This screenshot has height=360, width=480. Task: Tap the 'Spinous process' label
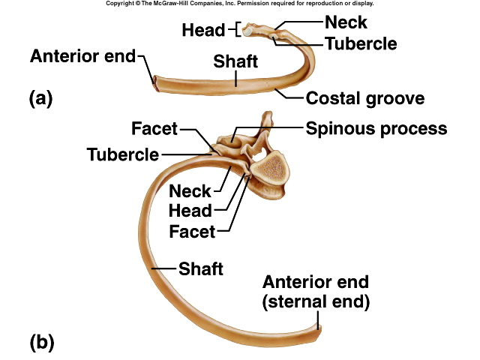376,128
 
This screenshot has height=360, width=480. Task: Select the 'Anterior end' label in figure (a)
83,56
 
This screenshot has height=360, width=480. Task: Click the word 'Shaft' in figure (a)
236,61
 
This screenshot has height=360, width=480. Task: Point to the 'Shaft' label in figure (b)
200,268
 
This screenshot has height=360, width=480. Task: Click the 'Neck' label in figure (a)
346,22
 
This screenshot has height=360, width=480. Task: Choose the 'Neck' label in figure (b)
190,191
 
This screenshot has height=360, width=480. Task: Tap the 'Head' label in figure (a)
203,30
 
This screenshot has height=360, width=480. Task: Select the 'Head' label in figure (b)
190,211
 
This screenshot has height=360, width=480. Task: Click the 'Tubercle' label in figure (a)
361,43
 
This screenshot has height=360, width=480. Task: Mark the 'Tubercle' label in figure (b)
123,154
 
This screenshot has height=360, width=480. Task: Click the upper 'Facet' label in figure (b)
154,129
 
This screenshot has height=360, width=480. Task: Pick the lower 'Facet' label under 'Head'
192,231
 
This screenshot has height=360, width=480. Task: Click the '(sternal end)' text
316,302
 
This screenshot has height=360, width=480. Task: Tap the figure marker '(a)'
41,97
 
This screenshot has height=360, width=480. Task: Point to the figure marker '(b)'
42,343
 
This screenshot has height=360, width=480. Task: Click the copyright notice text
239,4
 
